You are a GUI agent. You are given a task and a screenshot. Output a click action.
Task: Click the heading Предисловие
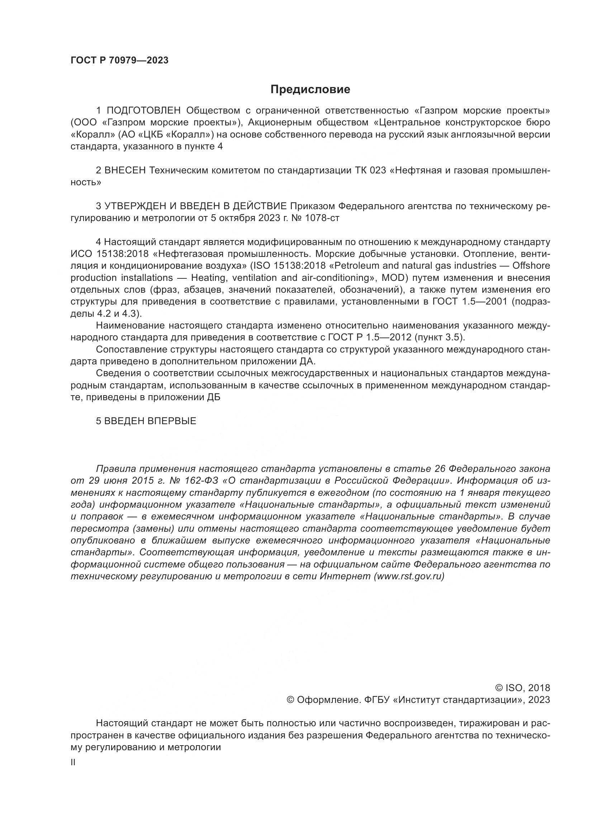pos(310,90)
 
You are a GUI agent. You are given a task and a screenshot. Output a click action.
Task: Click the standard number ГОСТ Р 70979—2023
pos(119,61)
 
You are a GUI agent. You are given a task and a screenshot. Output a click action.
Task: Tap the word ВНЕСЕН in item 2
pos(125,171)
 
